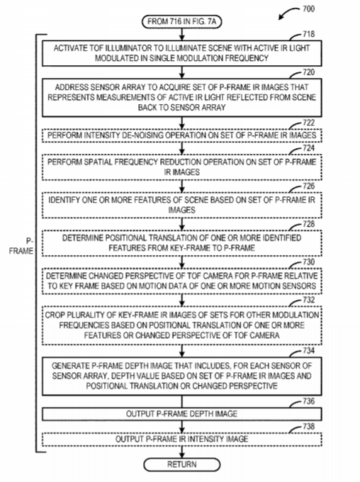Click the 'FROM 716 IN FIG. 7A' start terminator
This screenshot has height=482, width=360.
click(181, 21)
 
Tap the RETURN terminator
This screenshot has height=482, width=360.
click(181, 464)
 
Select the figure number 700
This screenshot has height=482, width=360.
click(308, 9)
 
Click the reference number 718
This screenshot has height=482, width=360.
click(308, 34)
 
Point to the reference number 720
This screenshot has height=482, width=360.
click(308, 72)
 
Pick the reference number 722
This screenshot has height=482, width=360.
click(308, 123)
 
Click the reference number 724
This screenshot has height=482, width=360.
click(308, 148)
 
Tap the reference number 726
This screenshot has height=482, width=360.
click(308, 186)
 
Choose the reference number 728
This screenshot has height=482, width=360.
click(308, 224)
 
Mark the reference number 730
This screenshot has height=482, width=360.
click(308, 262)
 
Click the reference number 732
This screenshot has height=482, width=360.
click(308, 300)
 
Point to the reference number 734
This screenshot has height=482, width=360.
click(308, 350)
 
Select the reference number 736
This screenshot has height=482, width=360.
click(308, 401)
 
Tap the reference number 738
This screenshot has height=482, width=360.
click(308, 427)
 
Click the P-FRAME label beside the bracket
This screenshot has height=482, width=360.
click(21, 246)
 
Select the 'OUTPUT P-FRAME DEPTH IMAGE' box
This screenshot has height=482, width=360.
click(181, 414)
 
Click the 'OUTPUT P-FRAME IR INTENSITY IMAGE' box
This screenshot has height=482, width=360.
click(181, 439)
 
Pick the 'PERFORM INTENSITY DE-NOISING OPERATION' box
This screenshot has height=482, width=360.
click(181, 135)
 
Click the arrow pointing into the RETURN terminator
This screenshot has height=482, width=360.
click(181, 452)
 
